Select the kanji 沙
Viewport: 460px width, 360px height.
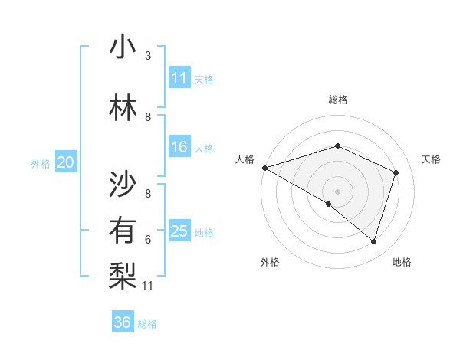(x=123, y=183)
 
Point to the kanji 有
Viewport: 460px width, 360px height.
(x=123, y=231)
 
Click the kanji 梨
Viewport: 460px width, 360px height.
(x=123, y=276)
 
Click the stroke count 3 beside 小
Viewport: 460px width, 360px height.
(x=148, y=56)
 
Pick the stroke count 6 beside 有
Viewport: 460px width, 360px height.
(x=148, y=239)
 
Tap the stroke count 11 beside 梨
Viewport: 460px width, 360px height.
(x=149, y=286)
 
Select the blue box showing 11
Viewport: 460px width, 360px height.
(x=179, y=78)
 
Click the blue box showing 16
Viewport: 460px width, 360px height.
(x=179, y=147)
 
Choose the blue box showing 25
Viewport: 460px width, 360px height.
(x=179, y=231)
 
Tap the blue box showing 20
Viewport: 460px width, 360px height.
(x=66, y=162)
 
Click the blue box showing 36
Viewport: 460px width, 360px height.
(x=122, y=322)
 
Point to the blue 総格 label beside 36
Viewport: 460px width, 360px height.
(x=148, y=324)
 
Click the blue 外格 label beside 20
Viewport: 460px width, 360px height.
(x=41, y=163)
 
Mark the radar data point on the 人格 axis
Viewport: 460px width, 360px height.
(x=264, y=167)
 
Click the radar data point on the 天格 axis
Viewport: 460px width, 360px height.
(x=396, y=172)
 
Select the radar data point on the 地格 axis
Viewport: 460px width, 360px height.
(x=373, y=241)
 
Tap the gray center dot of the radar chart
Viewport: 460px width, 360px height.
(x=337, y=191)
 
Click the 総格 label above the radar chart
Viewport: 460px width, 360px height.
(x=337, y=100)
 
